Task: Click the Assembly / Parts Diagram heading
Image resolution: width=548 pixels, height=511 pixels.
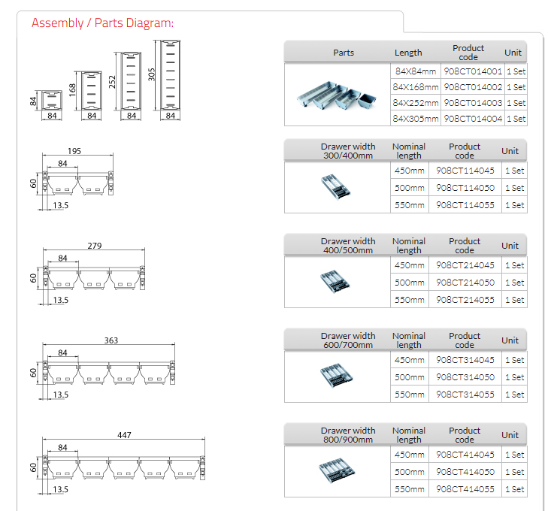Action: click(x=102, y=23)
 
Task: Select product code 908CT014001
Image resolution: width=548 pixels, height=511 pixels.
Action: click(x=473, y=71)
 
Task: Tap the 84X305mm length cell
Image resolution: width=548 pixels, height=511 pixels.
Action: click(x=416, y=119)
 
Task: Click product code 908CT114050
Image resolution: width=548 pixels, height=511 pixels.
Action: click(x=465, y=188)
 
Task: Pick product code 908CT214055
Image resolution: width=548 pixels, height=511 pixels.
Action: click(x=465, y=300)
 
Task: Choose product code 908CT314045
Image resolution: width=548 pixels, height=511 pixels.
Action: click(x=465, y=360)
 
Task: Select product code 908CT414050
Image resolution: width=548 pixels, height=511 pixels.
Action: click(x=465, y=472)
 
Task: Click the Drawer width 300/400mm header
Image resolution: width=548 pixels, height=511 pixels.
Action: click(x=347, y=151)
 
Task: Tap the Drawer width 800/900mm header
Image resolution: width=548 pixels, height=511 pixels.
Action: click(x=347, y=435)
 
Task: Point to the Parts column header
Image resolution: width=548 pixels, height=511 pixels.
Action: click(x=344, y=53)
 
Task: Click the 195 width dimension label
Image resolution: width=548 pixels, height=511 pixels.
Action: click(x=74, y=151)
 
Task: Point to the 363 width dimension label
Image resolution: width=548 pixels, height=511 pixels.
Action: click(x=111, y=340)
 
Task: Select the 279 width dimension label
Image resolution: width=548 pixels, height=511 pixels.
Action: click(x=94, y=246)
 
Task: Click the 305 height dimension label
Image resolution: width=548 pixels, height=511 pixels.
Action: click(x=151, y=75)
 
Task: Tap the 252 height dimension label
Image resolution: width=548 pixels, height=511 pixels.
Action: click(x=112, y=81)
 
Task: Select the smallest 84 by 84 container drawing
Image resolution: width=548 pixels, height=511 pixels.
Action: click(x=52, y=100)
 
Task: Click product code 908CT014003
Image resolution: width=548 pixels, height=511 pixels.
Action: click(x=473, y=103)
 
